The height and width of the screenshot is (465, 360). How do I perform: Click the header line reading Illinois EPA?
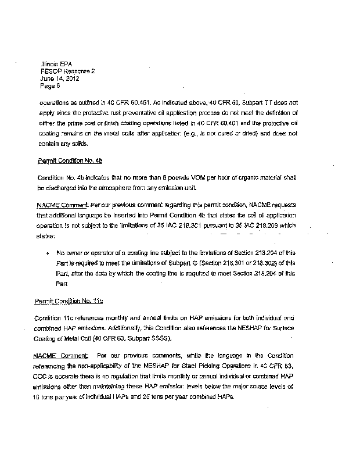click(52, 63)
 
